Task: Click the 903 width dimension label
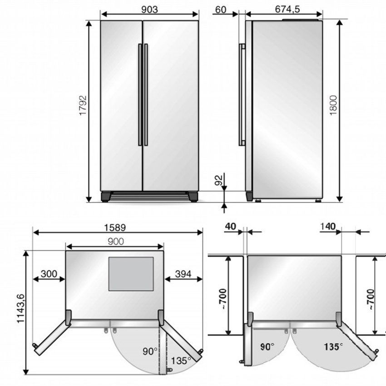click(149, 10)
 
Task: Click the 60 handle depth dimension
click(221, 10)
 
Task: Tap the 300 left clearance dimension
click(49, 274)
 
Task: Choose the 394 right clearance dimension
click(183, 274)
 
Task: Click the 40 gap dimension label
click(231, 227)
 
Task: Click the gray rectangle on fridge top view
click(131, 274)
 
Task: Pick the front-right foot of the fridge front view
click(193, 197)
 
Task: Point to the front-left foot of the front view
click(106, 197)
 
